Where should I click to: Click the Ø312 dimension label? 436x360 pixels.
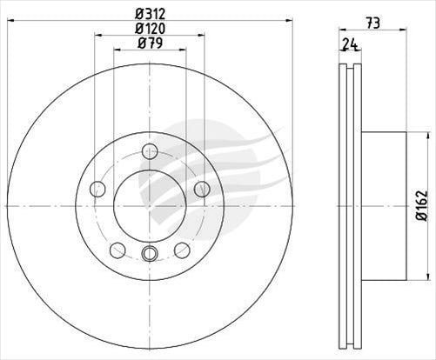(150, 13)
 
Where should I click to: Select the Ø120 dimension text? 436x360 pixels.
(150, 29)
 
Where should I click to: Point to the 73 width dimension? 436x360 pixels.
(372, 23)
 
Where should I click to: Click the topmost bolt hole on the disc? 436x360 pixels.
(150, 151)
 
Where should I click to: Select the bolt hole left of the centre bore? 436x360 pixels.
(97, 189)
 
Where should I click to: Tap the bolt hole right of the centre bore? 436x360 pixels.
(202, 189)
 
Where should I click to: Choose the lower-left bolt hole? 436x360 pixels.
(117, 250)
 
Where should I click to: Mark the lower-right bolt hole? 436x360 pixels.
(182, 250)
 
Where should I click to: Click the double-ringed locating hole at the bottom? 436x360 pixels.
(150, 253)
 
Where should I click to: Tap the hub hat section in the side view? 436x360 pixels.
(383, 206)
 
